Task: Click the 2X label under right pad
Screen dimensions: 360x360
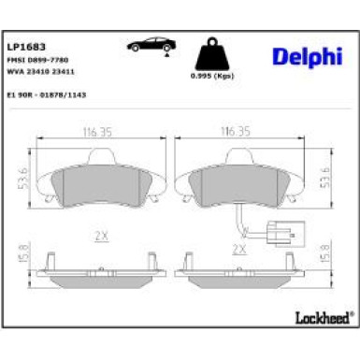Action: click(238, 250)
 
